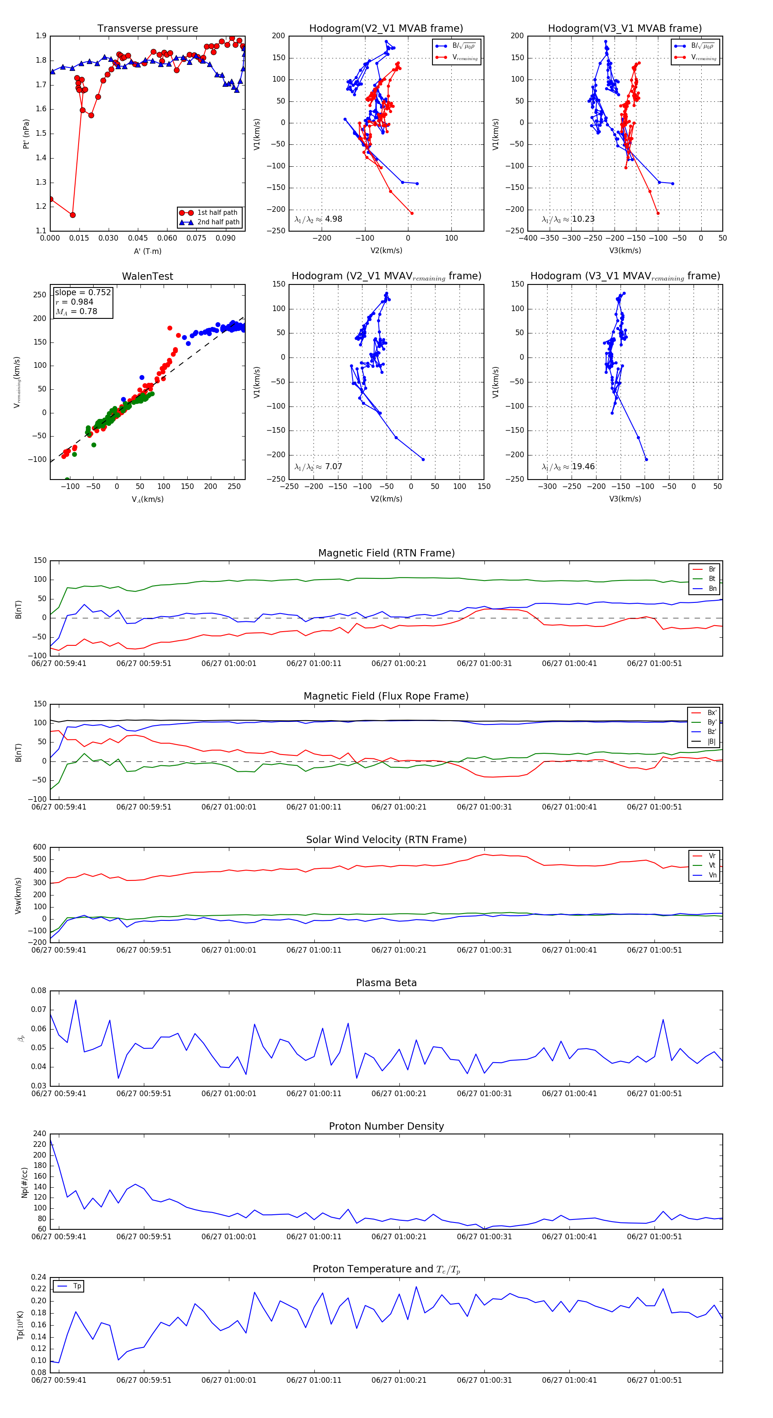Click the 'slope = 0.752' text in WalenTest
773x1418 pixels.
pyautogui.click(x=82, y=292)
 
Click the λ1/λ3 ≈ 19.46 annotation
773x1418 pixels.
pyautogui.click(x=568, y=467)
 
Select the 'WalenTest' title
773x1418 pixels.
pyautogui.click(x=147, y=276)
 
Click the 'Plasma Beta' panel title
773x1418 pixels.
pyautogui.click(x=386, y=983)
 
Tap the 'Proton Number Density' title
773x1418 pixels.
pyautogui.click(x=386, y=1126)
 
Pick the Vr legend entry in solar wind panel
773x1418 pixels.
pyautogui.click(x=712, y=856)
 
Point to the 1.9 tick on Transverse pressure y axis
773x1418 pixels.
pyautogui.click(x=41, y=36)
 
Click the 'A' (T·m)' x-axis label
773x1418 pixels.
pyautogui.click(x=147, y=251)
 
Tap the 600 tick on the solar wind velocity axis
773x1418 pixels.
pyautogui.click(x=40, y=847)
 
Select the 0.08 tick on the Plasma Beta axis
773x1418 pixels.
pyautogui.click(x=39, y=991)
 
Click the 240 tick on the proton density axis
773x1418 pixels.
pyautogui.click(x=40, y=1134)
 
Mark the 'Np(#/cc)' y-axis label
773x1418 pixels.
pyautogui.click(x=24, y=1183)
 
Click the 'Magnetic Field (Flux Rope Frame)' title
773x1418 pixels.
pyautogui.click(x=386, y=697)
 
